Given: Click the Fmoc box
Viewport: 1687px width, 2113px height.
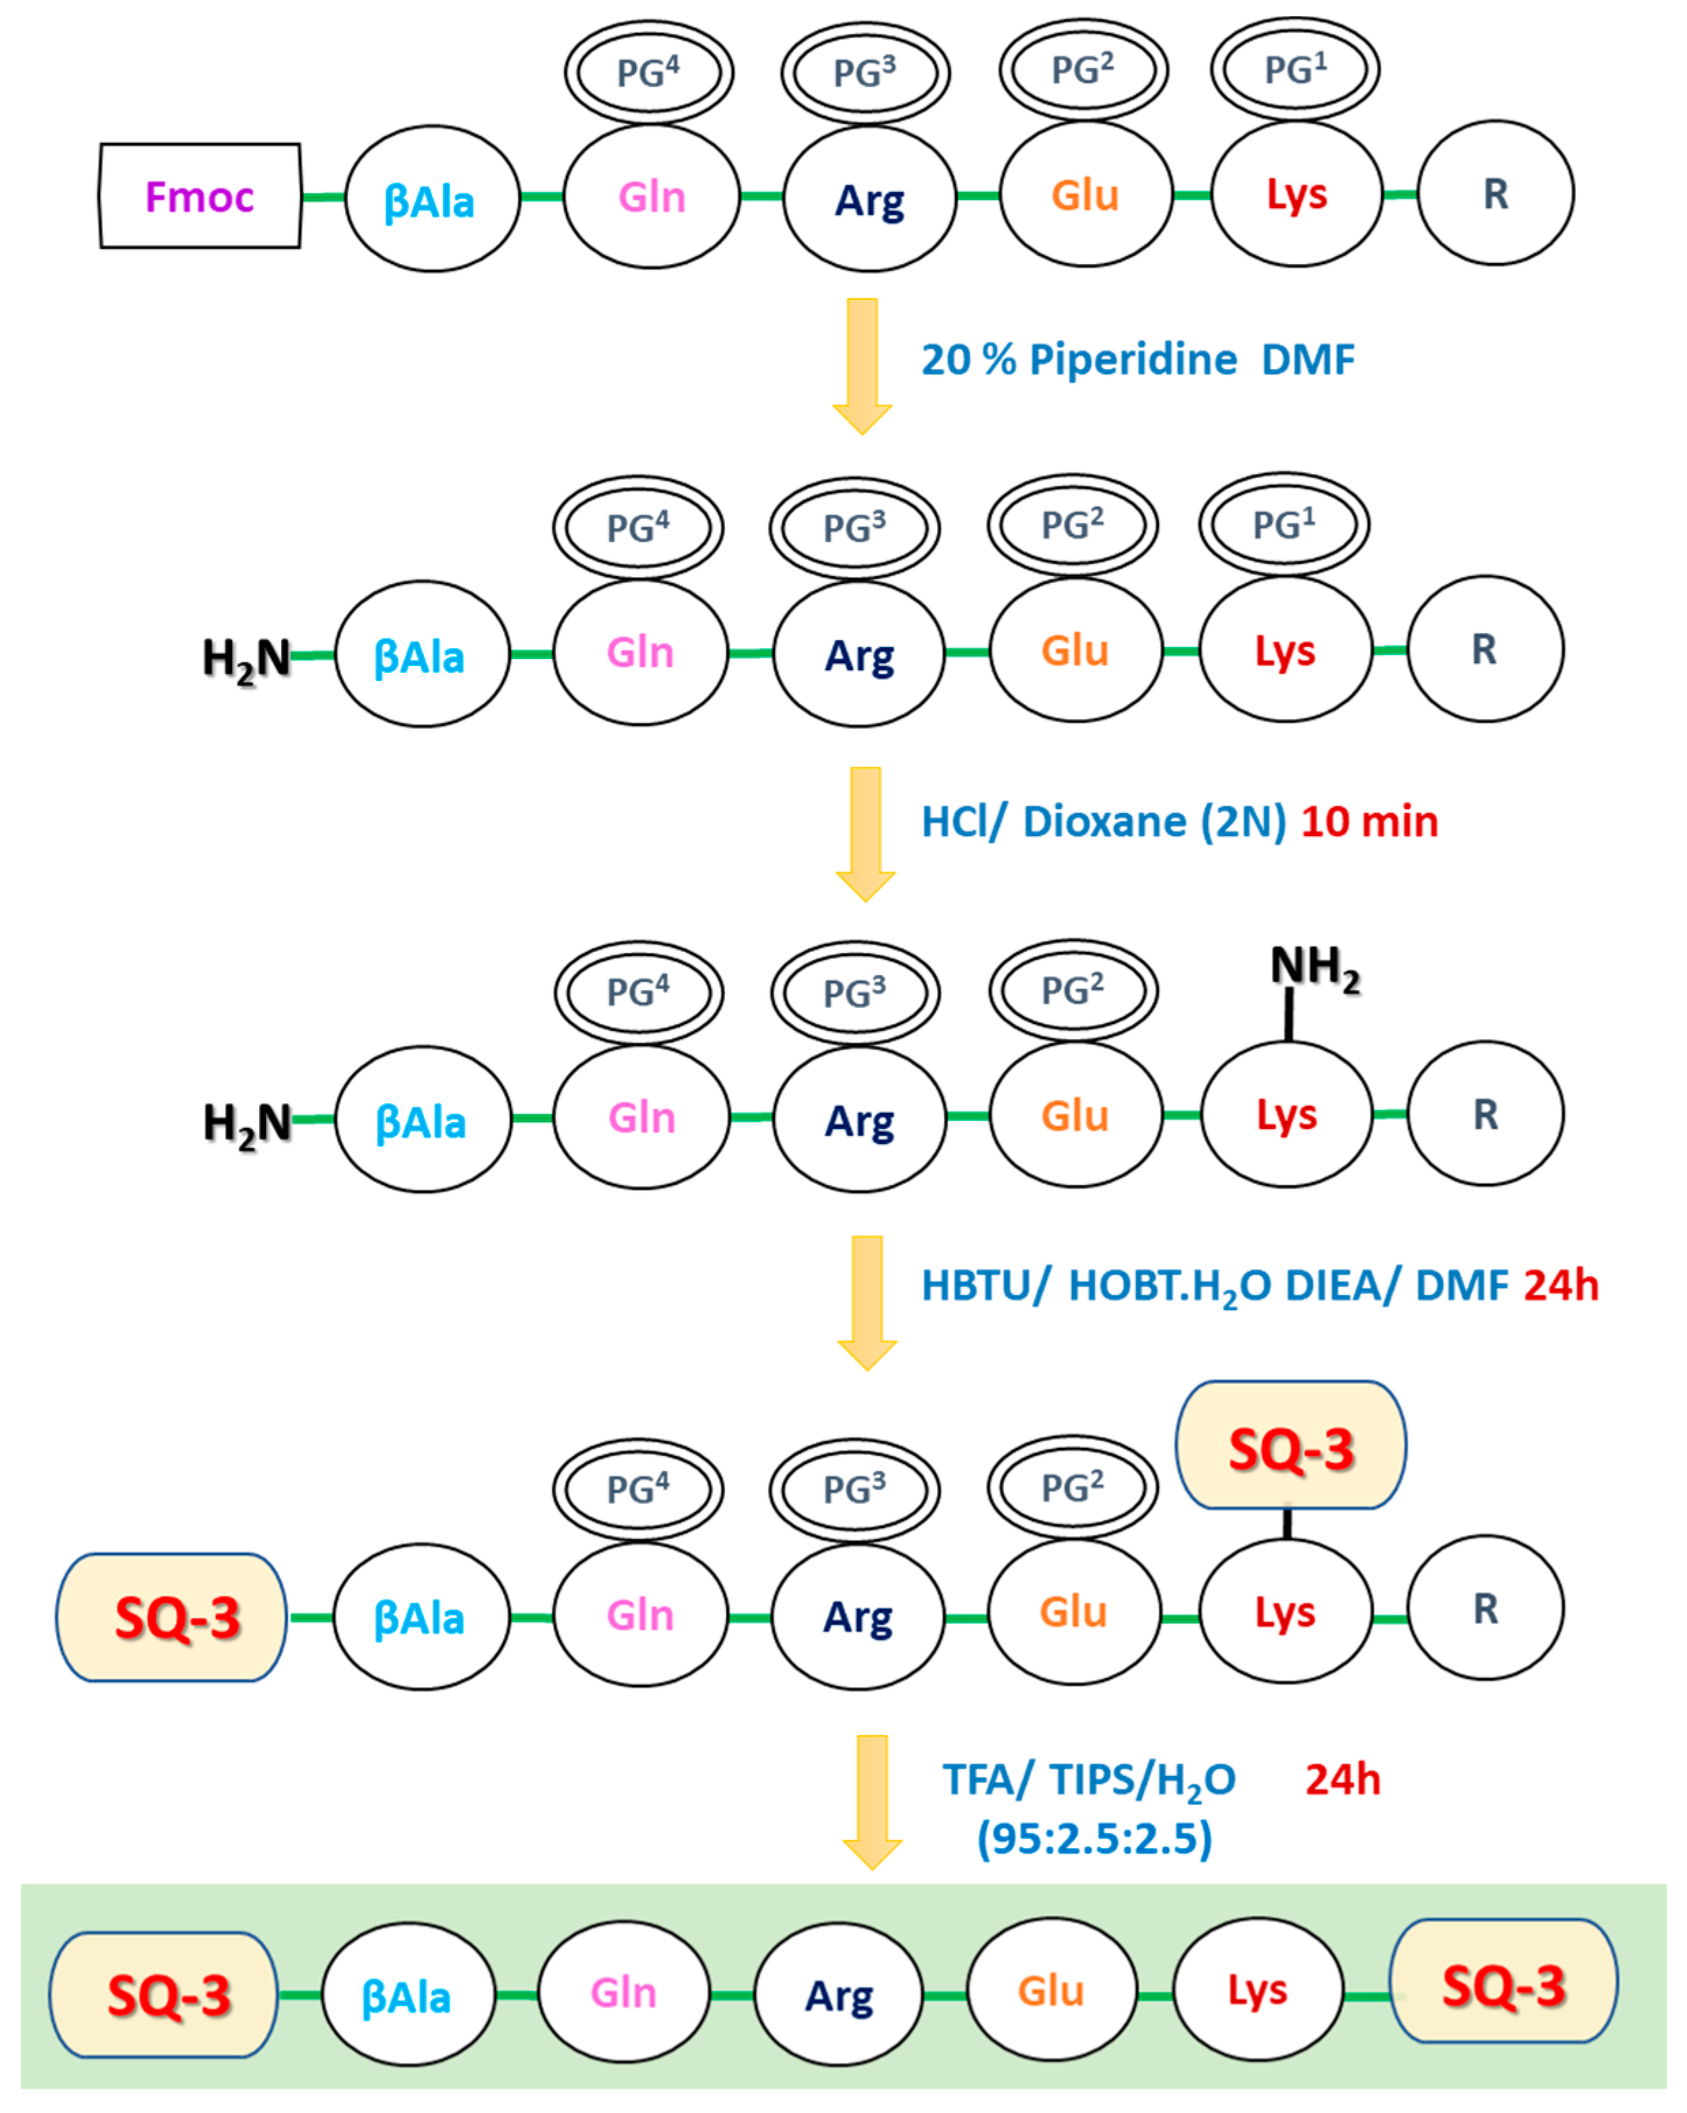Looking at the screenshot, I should coord(200,196).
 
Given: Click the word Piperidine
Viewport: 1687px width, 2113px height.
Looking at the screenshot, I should coord(1134,360).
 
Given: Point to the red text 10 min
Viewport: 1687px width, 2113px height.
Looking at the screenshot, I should coord(1369,821).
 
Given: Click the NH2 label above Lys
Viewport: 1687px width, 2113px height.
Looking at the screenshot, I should coord(1314,968).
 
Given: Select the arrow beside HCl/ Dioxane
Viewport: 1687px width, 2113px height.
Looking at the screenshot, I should coord(865,833).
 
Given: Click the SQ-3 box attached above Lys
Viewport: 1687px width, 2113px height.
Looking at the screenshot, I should coord(1290,1446).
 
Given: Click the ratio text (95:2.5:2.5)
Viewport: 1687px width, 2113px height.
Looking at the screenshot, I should coord(1094,1839).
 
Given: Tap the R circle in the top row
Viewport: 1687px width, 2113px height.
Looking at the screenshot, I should coord(1495,194).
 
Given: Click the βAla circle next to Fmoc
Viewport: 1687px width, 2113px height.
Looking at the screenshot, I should coord(431,199).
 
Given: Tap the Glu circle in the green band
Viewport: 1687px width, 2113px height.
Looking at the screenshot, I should coord(1051,1992).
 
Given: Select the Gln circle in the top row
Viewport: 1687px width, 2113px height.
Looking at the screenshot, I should coord(651,197).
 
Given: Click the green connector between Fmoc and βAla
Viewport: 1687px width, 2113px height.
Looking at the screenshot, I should coord(323,197).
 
